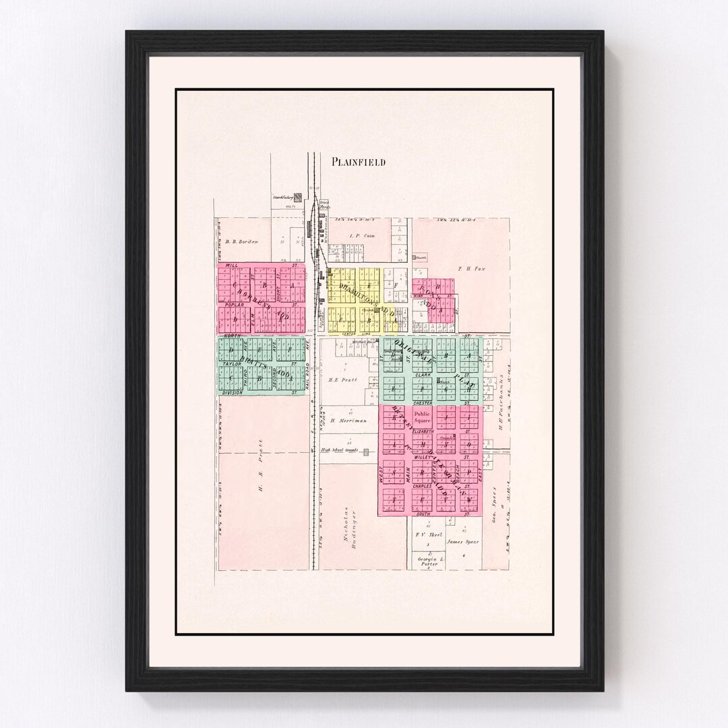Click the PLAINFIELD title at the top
coord(358,162)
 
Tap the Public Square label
coord(422,417)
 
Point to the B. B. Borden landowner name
coord(242,241)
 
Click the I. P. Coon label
coord(361,236)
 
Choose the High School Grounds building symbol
coord(366,452)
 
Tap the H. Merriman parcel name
coord(348,420)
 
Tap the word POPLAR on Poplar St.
coord(233,304)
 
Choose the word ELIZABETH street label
coord(423,430)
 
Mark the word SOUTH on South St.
coord(423,514)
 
